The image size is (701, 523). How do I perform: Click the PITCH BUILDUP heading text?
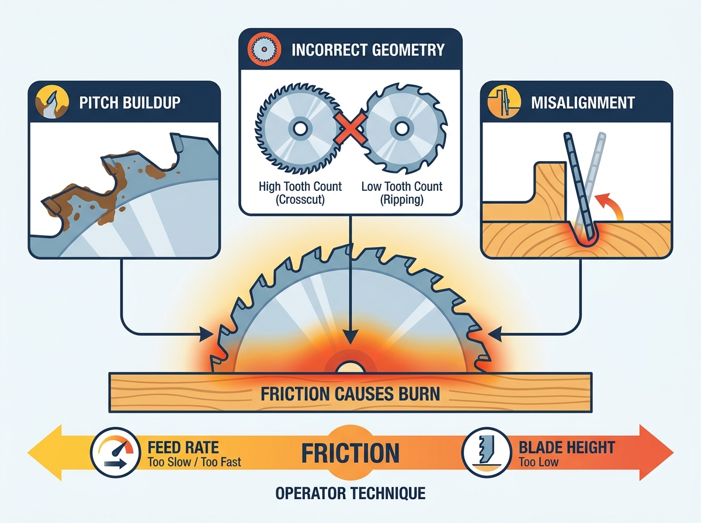point(130,102)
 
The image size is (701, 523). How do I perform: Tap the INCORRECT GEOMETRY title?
point(368,50)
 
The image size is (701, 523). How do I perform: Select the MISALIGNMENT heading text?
point(583,103)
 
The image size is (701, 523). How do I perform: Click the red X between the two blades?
point(350,128)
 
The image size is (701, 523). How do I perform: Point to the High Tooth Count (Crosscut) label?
point(300,193)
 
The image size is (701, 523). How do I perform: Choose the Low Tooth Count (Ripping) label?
point(402,193)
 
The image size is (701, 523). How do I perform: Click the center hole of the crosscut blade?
point(300,129)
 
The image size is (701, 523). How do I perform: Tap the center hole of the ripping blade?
point(401,128)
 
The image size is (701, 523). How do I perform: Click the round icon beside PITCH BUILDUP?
point(52,102)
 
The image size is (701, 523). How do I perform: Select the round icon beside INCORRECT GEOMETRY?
point(264,50)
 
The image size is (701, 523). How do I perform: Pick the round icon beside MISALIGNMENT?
point(504,102)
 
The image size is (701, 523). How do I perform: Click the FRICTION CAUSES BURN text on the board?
point(350,394)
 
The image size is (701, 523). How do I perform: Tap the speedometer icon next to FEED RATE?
point(116,452)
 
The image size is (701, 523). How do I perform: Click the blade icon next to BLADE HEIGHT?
point(487,452)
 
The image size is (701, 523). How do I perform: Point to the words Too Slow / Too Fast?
point(194,462)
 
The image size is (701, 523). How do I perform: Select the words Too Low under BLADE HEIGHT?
point(539,462)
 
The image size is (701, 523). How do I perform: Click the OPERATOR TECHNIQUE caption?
point(350,493)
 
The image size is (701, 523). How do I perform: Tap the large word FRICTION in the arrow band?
point(350,453)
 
